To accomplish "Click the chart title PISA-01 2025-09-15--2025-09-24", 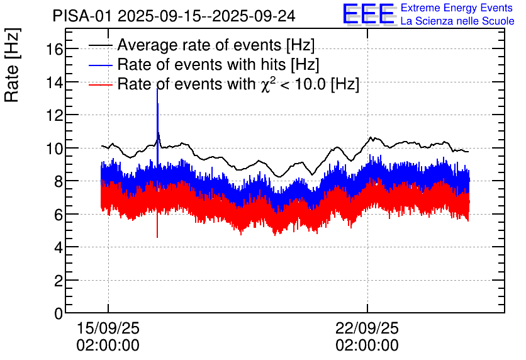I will [174, 16].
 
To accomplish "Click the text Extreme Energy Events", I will [457, 8].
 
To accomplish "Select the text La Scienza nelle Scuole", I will [457, 21].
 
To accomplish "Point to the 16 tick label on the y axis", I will [55, 49].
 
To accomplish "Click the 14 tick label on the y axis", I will [55, 82].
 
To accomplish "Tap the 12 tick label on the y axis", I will [55, 115].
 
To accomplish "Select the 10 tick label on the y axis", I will [55, 149].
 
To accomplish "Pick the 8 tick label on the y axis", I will [58, 181].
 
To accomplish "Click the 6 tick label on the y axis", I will [58, 215].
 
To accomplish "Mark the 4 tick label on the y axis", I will [58, 247].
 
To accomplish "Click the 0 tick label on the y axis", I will [58, 313].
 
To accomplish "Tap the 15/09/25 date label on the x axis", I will [108, 329].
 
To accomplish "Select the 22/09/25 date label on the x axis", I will [367, 329].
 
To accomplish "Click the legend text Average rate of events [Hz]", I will [216, 45].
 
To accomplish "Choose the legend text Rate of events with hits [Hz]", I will [218, 64].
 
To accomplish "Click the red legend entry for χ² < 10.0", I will [238, 84].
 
